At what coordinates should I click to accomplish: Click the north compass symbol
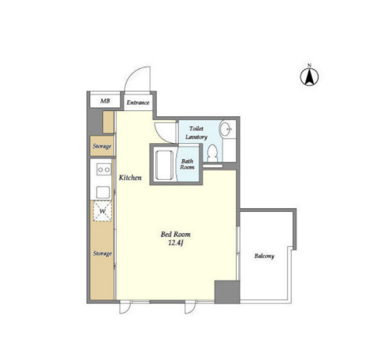(x=309, y=76)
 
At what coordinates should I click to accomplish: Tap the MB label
(x=105, y=101)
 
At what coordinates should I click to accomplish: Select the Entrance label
(x=138, y=102)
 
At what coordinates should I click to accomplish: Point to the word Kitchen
(x=130, y=177)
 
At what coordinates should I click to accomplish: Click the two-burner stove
(x=104, y=169)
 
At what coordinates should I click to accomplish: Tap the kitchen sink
(x=103, y=192)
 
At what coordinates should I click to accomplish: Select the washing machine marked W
(x=102, y=211)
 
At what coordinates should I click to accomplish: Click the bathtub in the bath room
(x=165, y=165)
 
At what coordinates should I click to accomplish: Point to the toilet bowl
(x=212, y=153)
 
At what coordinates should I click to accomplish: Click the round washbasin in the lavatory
(x=225, y=128)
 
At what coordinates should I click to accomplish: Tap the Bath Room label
(x=187, y=164)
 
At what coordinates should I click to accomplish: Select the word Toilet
(x=196, y=128)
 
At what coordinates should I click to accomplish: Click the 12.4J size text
(x=176, y=243)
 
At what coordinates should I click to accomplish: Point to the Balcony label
(x=264, y=256)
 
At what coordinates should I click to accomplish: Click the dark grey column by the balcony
(x=227, y=292)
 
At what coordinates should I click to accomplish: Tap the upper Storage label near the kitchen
(x=102, y=146)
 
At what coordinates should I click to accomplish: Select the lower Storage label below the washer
(x=102, y=253)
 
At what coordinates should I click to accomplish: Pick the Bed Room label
(x=176, y=234)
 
